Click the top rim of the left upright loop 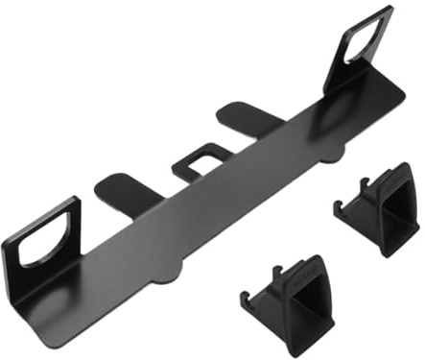pyautogui.click(x=38, y=205)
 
